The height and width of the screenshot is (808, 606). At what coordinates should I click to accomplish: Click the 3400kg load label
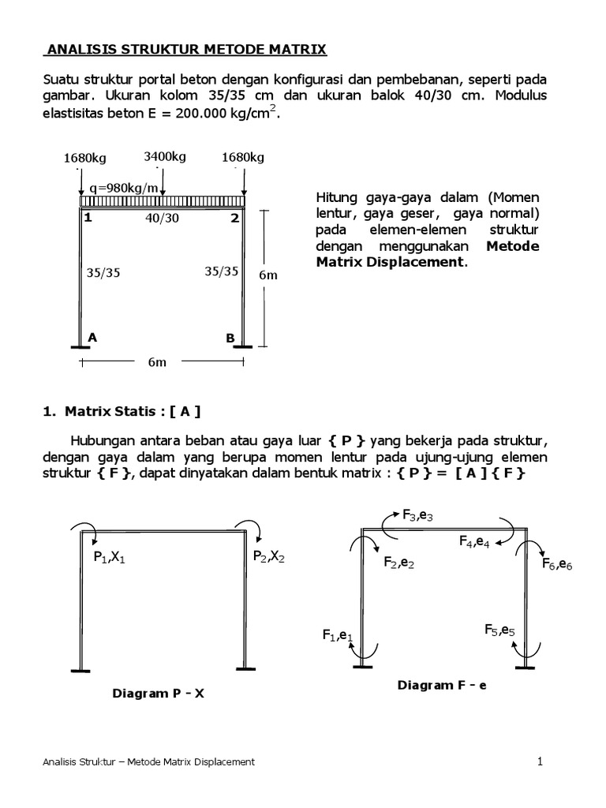(165, 156)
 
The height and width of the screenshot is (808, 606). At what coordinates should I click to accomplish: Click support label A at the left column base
(92, 337)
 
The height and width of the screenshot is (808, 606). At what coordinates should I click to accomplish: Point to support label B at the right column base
(230, 338)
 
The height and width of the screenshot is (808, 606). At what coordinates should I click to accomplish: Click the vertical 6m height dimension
(268, 276)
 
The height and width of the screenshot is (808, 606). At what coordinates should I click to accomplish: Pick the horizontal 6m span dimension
(156, 362)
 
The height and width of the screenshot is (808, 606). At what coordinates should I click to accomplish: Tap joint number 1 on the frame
(88, 218)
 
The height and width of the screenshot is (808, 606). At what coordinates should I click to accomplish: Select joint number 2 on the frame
(234, 218)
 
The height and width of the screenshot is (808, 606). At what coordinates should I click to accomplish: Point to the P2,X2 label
(270, 556)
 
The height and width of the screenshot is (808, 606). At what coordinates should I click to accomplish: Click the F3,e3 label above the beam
(418, 516)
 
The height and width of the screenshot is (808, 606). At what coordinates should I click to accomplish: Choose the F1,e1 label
(337, 635)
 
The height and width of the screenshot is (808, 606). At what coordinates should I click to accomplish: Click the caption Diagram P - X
(159, 694)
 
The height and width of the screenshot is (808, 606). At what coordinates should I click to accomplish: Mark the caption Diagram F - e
(442, 686)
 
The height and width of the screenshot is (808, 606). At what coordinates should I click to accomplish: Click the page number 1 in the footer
(541, 761)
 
